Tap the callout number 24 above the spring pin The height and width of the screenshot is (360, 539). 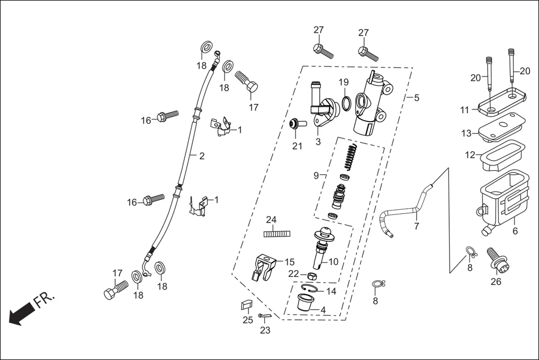click(x=271, y=219)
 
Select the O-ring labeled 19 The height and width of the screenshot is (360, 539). click(x=346, y=103)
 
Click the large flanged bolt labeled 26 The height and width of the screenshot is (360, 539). click(x=495, y=258)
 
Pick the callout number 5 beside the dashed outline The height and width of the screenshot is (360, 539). click(x=417, y=98)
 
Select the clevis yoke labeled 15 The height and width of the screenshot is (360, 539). click(x=265, y=266)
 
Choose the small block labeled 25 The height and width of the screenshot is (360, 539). click(x=246, y=305)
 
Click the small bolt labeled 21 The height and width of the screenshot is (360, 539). click(x=295, y=124)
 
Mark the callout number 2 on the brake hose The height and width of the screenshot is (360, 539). click(x=202, y=156)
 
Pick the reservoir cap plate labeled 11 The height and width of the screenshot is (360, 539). click(x=500, y=100)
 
